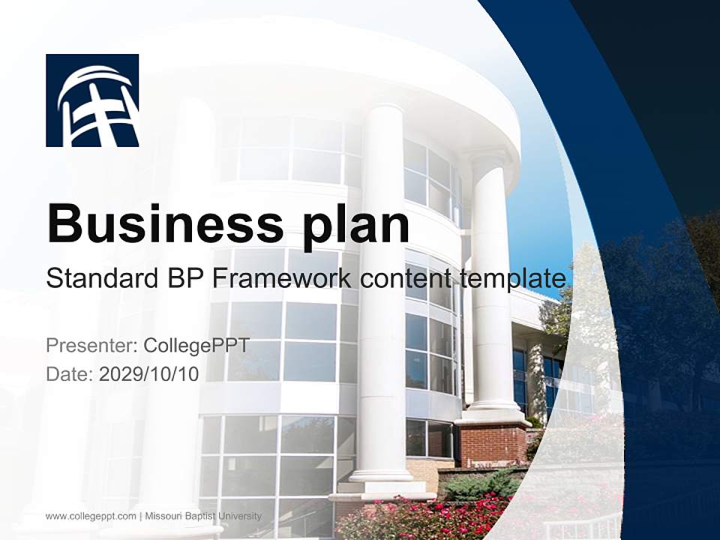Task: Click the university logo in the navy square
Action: point(92,100)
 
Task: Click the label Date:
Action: point(70,373)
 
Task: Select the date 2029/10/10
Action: point(149,373)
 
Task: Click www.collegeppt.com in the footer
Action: point(91,516)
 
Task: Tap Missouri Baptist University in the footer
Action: point(203,516)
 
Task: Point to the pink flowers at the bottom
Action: point(420,517)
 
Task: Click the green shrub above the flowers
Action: point(480,484)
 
